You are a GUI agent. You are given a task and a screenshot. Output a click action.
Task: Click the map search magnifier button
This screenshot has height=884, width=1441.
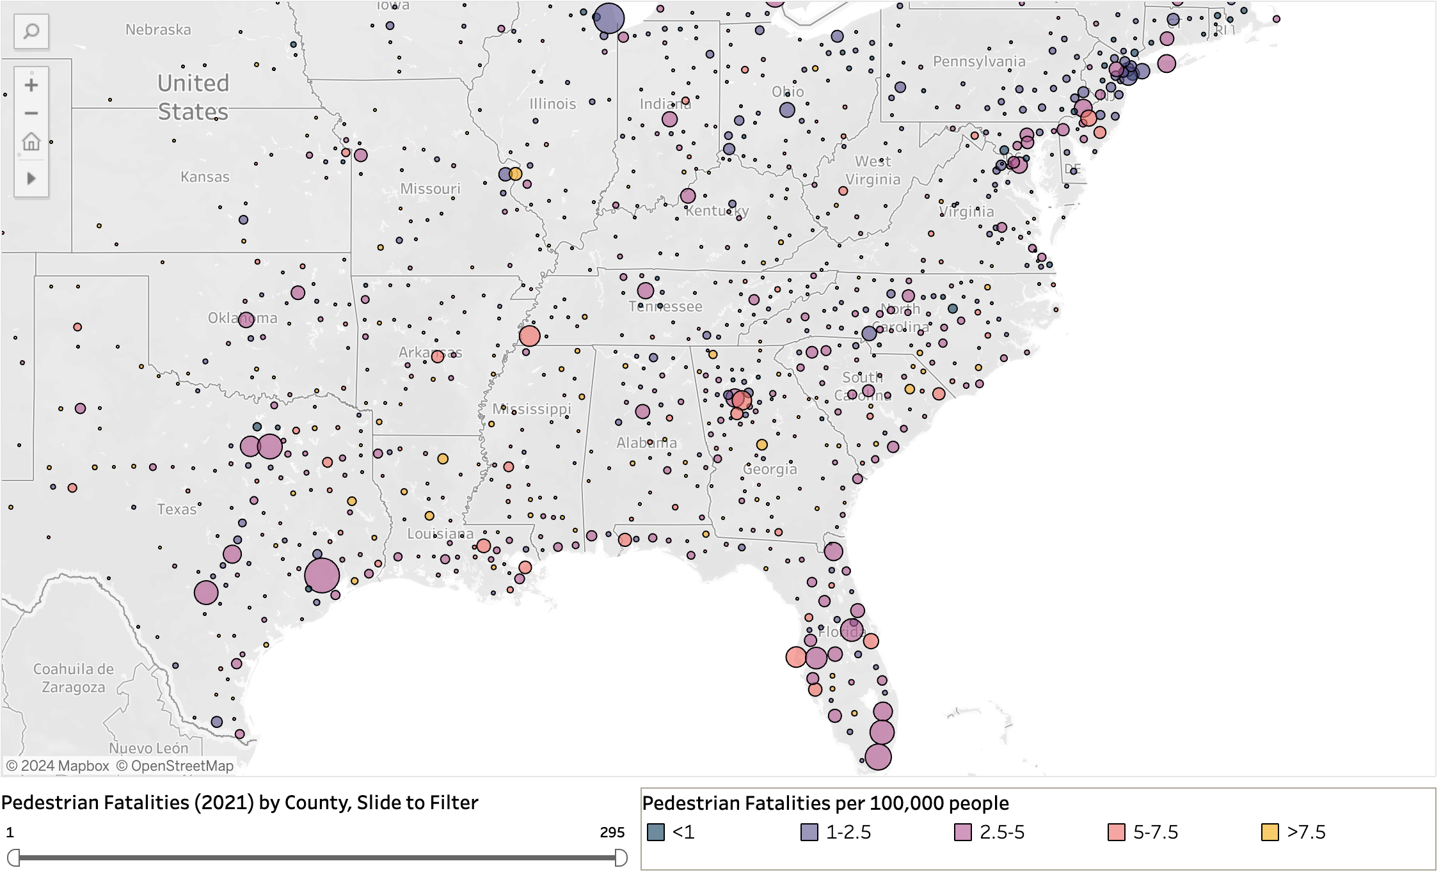coord(31,31)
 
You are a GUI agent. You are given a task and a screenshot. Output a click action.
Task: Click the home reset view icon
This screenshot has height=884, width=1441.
coord(31,141)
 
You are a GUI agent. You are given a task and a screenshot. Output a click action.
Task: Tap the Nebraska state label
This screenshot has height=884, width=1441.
coord(158,29)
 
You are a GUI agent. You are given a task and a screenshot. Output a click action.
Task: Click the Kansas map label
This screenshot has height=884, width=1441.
coord(205,177)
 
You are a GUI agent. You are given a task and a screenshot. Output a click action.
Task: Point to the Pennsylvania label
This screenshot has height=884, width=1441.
coord(979,61)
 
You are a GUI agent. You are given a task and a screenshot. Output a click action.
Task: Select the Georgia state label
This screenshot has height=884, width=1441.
coord(770,469)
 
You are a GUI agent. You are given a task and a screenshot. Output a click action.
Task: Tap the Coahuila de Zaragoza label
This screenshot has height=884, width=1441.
coord(74,678)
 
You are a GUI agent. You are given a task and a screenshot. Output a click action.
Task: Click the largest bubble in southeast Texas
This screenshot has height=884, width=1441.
coord(322,575)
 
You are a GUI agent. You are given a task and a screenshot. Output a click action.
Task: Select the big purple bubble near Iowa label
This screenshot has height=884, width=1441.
coord(609,18)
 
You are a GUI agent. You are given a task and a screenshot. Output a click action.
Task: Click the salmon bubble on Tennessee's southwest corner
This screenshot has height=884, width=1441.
coord(529,336)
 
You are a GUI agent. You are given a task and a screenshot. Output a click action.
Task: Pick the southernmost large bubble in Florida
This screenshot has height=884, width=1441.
coord(878,757)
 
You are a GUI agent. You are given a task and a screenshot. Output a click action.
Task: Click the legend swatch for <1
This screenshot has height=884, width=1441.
coord(656,832)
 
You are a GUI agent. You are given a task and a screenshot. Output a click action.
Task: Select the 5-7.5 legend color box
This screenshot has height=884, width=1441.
coord(1117,832)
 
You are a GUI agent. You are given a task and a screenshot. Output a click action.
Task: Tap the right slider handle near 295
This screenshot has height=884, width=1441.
coord(621,858)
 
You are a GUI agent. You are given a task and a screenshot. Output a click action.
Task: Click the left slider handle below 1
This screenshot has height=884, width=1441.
coord(13,858)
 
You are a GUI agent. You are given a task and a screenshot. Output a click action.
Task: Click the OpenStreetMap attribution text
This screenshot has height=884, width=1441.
coord(175,766)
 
